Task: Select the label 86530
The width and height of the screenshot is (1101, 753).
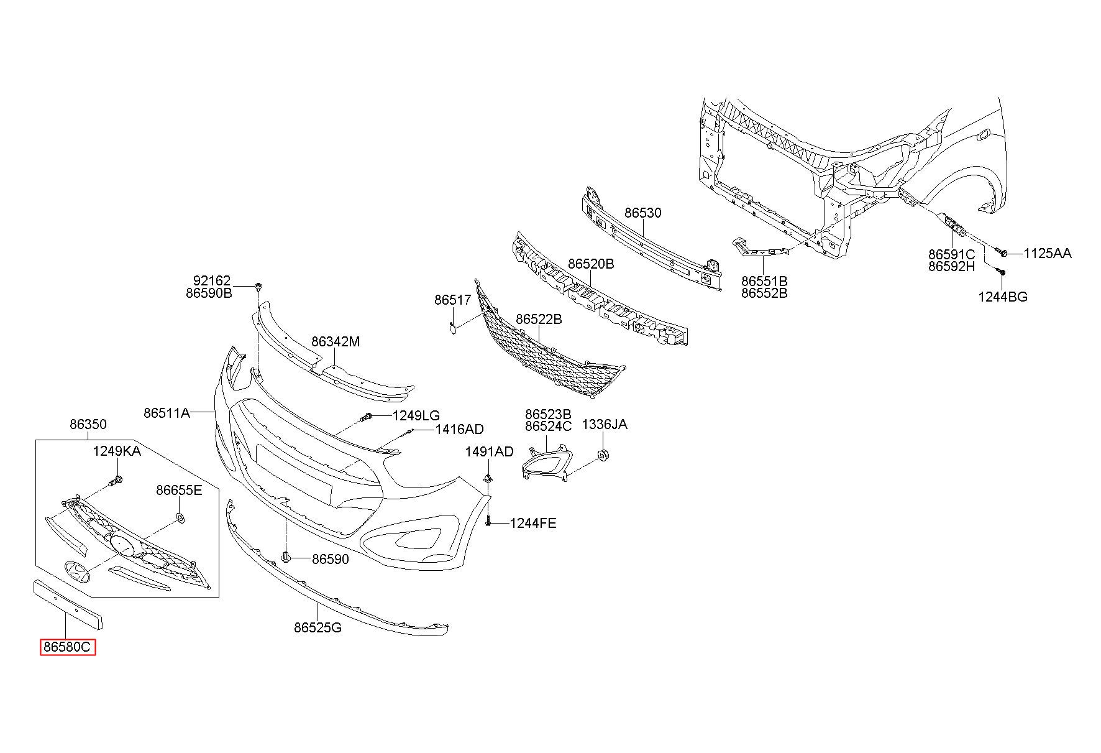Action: pos(643,213)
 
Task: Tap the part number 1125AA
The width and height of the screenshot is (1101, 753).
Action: pos(1048,253)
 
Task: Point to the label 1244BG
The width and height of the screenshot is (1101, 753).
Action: pos(1003,297)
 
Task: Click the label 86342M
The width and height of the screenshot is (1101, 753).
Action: pos(336,341)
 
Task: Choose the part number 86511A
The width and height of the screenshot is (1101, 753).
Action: pos(167,412)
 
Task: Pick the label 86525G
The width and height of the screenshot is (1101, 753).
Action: pos(318,627)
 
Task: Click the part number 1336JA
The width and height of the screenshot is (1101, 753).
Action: pos(605,424)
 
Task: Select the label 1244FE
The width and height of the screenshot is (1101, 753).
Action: pos(533,524)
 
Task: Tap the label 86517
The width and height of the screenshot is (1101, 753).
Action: pos(453,300)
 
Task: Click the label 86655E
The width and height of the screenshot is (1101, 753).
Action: pos(179,490)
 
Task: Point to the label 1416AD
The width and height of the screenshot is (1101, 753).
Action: pos(459,429)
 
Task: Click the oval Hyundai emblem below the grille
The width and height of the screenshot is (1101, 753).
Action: pos(76,571)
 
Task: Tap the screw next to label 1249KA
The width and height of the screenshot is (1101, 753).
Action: pos(116,481)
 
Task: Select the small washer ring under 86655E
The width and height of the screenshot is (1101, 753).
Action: pos(180,517)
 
